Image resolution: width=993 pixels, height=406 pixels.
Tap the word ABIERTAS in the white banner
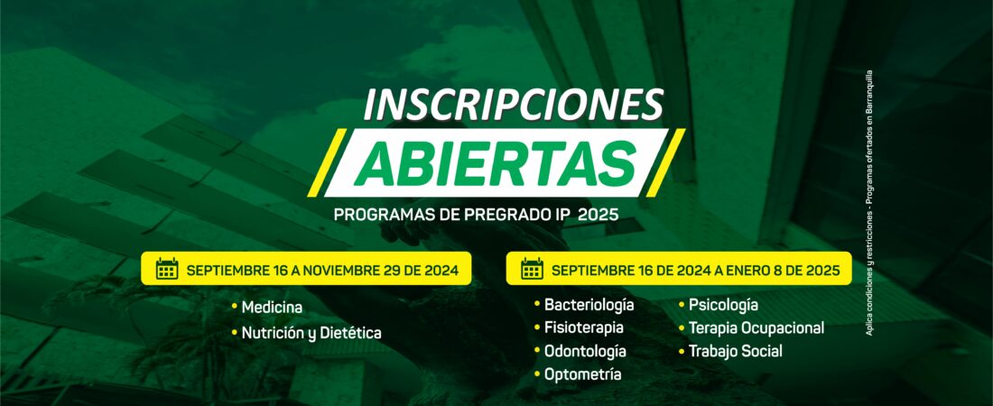pos(495,162)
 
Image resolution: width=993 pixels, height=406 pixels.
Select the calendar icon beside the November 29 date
pos(167,269)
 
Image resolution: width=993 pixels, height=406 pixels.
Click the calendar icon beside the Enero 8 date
pos(532,269)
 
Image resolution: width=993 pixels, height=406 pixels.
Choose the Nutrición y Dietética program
pos(311,333)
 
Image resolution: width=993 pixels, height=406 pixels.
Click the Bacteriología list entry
pos(589,305)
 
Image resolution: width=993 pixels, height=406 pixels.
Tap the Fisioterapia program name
pos(584,328)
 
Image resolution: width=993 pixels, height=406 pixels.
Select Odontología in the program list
pos(585,351)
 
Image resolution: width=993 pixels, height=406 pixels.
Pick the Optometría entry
pos(582,374)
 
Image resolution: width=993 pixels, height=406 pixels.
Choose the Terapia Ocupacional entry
pos(756,328)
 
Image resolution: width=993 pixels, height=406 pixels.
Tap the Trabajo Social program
pos(735,351)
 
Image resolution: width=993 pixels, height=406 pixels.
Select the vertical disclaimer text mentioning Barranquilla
pos(869,202)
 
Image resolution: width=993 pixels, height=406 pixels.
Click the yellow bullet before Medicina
pos(235,307)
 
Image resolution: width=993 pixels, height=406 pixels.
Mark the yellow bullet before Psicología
pos(682,305)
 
